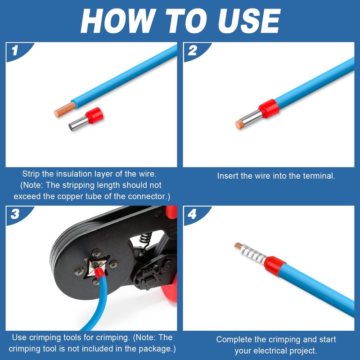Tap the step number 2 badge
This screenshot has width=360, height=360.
pos(192,50)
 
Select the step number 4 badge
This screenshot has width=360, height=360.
pos(192,214)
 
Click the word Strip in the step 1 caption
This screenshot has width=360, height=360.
pos(31,174)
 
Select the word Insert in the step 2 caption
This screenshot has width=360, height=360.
pos(228,176)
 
